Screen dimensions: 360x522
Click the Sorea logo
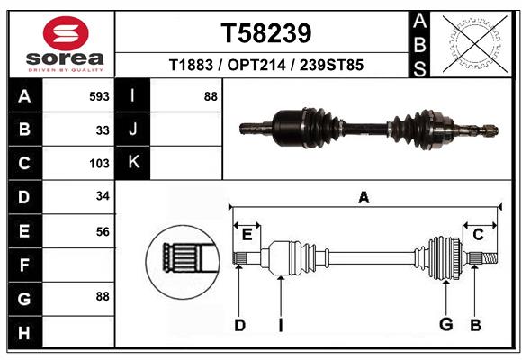[x=66, y=45]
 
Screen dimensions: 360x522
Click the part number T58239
[x=266, y=33]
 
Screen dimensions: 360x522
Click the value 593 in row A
[x=99, y=96]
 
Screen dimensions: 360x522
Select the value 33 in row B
[x=103, y=130]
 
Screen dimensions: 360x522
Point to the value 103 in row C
[x=99, y=164]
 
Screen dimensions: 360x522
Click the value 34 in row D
[x=103, y=197]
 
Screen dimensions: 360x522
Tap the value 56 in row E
[x=103, y=231]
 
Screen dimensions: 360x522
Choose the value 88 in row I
[x=211, y=96]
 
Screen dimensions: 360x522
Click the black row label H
[x=24, y=333]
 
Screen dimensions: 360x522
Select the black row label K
[x=133, y=163]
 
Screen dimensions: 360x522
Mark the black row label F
[x=24, y=265]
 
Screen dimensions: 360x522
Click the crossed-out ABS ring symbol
[x=472, y=43]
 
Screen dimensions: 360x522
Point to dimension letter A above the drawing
[x=364, y=198]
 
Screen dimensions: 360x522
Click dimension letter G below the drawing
[x=445, y=324]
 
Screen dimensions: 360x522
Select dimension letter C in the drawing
[x=478, y=235]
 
